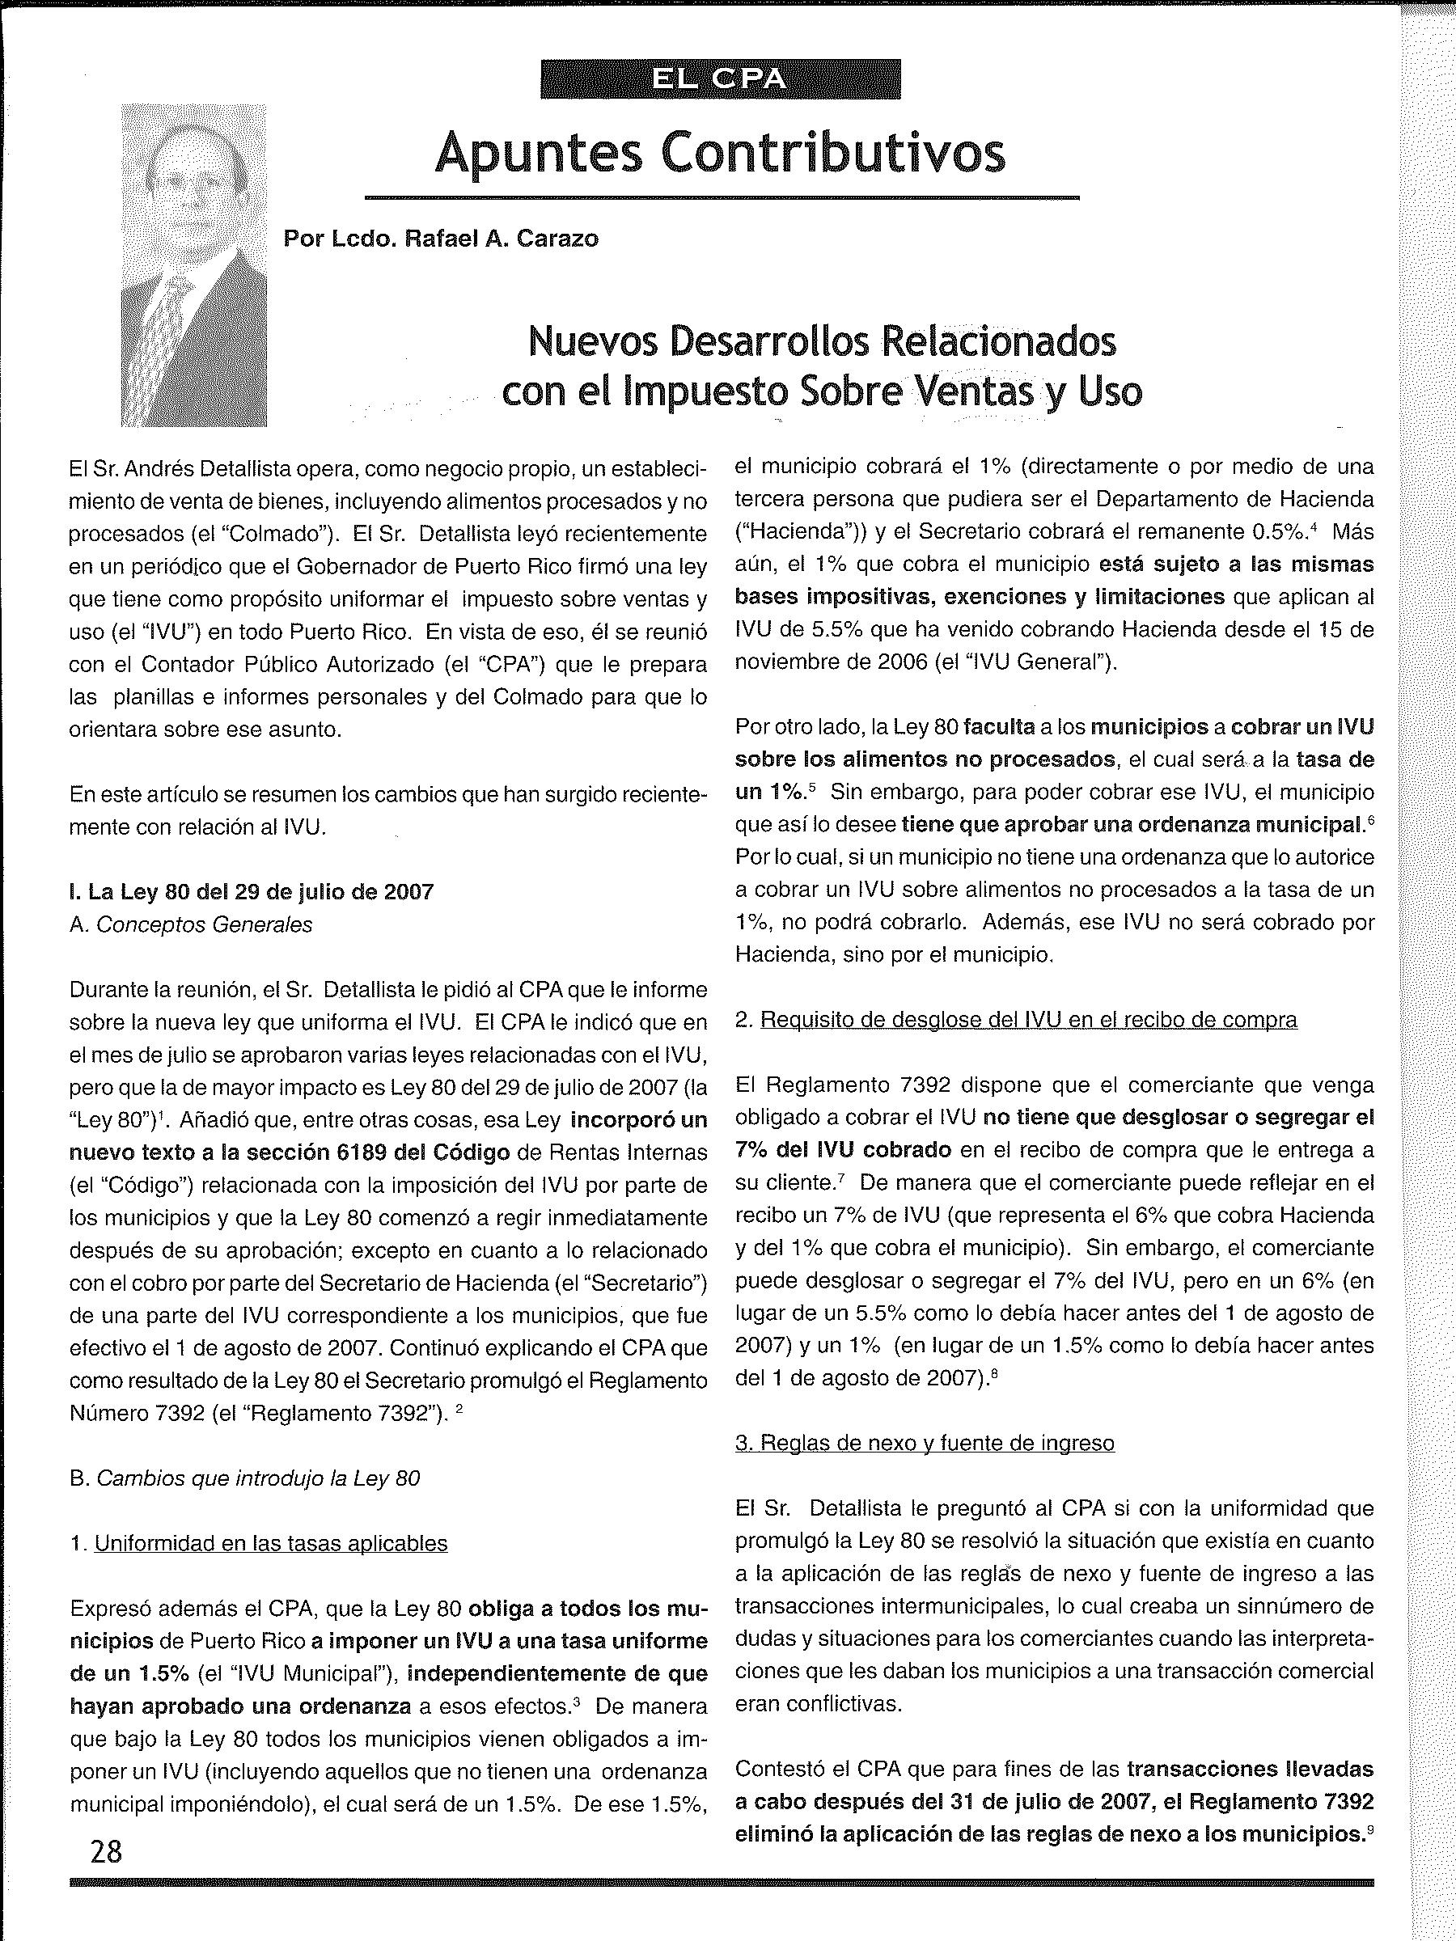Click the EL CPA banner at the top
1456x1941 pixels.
point(720,79)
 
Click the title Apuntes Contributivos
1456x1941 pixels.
point(720,152)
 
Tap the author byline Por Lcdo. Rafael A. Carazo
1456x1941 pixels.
point(441,239)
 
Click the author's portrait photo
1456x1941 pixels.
point(194,265)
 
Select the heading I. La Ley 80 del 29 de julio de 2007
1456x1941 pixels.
point(251,891)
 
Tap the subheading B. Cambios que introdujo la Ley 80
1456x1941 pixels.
point(244,1478)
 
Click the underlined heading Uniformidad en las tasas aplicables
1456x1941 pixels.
point(270,1543)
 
